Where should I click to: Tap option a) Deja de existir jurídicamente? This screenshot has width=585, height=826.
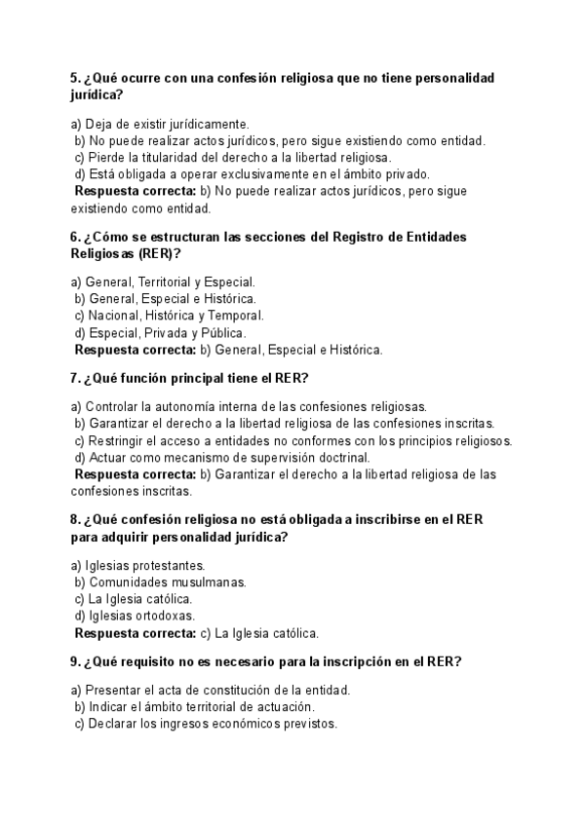point(160,124)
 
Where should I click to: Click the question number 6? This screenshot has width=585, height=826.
point(75,237)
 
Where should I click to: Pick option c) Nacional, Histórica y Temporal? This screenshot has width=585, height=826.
point(169,316)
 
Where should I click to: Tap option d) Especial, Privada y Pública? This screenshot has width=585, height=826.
point(153,332)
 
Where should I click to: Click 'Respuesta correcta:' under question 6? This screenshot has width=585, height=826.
point(136,349)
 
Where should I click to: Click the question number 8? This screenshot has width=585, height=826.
point(75,519)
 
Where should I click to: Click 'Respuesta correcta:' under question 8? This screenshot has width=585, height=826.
point(136,632)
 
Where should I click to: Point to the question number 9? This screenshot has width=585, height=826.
point(75,661)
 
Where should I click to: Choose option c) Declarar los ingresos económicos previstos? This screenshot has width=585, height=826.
point(205,724)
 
